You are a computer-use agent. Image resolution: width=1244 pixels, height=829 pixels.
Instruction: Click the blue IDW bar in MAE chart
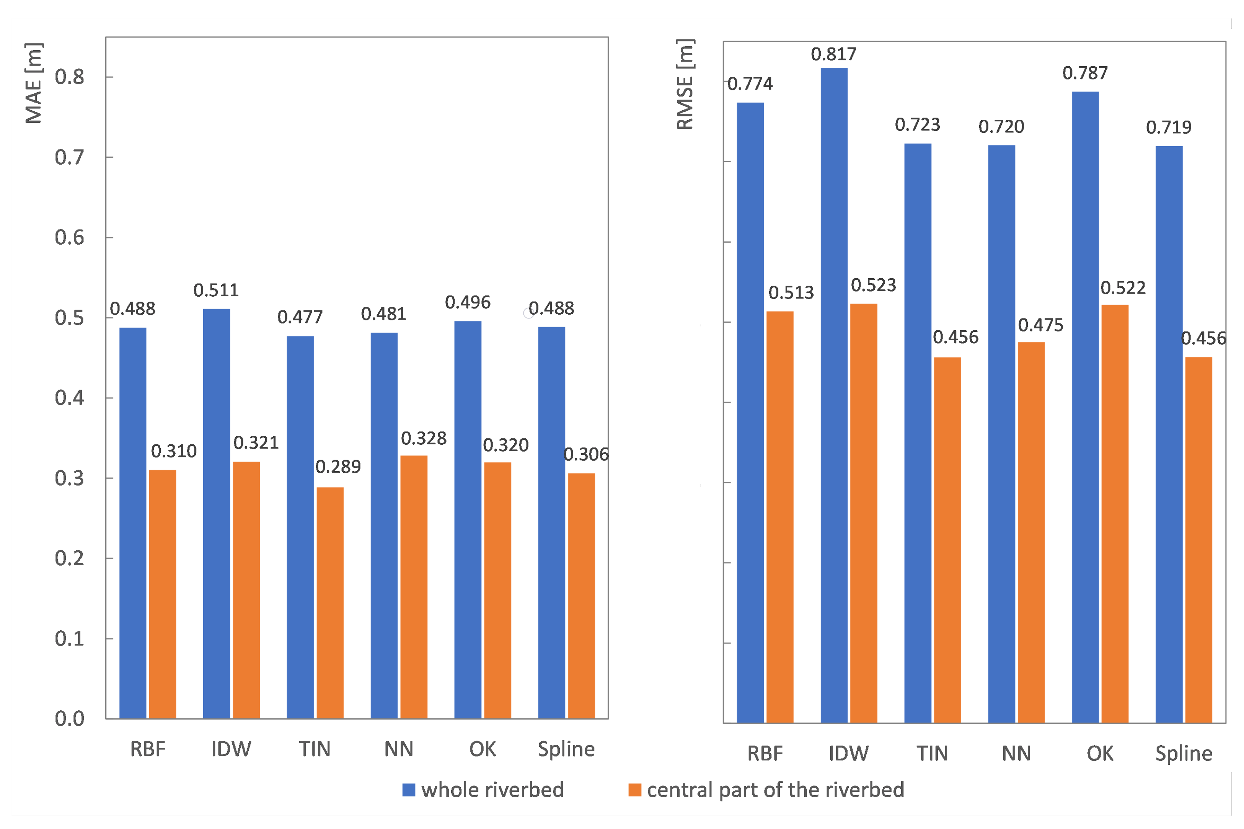coord(216,513)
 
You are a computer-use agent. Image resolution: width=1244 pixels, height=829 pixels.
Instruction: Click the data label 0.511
coord(215,290)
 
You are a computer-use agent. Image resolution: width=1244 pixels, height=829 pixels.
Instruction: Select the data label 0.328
coord(423,438)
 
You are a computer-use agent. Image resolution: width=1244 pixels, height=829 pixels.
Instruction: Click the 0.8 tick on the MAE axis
coord(69,77)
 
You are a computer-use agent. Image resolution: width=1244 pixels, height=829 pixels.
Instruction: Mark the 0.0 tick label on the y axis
coord(69,718)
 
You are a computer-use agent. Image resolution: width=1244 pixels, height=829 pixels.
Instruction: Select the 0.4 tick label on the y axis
coord(69,398)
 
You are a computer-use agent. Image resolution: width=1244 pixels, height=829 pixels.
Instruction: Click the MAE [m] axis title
coord(33,83)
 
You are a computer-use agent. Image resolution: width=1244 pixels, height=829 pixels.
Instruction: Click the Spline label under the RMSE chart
coord(1183,753)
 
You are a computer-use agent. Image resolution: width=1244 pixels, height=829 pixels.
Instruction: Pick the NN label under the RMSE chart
coord(1016,753)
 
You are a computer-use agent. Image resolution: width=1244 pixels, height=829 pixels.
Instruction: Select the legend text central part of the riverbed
coord(775,790)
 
